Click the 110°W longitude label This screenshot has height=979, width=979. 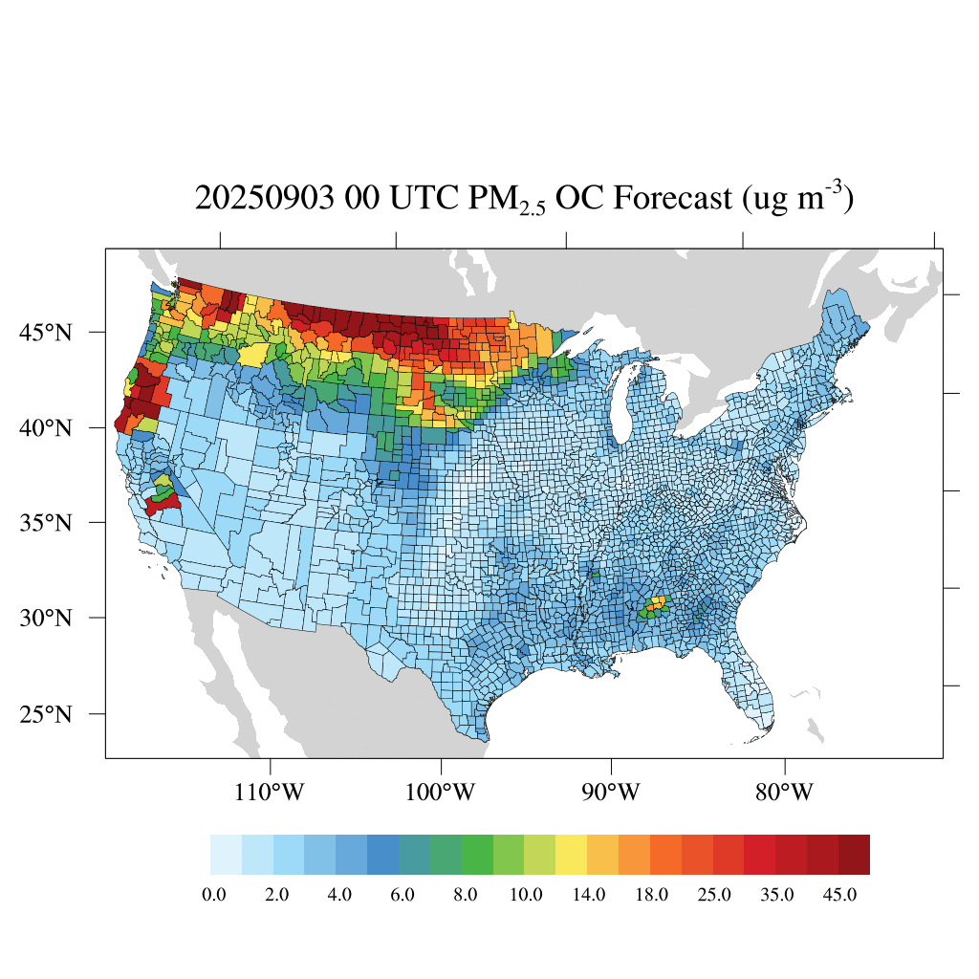click(x=272, y=793)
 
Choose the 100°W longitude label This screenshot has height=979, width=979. click(x=442, y=793)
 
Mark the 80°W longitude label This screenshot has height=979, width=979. click(x=785, y=793)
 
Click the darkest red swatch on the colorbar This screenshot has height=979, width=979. click(x=854, y=854)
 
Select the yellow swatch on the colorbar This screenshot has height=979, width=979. click(x=572, y=854)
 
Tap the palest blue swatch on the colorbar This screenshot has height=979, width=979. click(x=226, y=854)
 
